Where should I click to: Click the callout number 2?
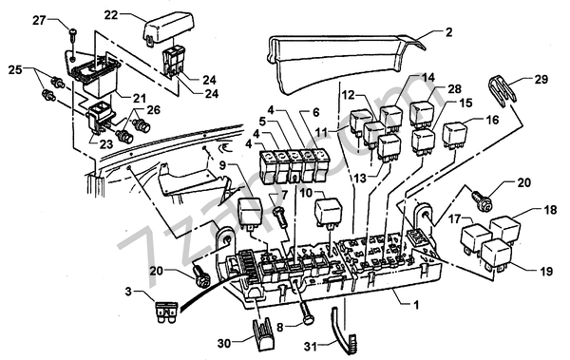tap(448, 31)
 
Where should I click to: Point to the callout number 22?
tap(110, 15)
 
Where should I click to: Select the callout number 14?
tap(427, 77)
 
